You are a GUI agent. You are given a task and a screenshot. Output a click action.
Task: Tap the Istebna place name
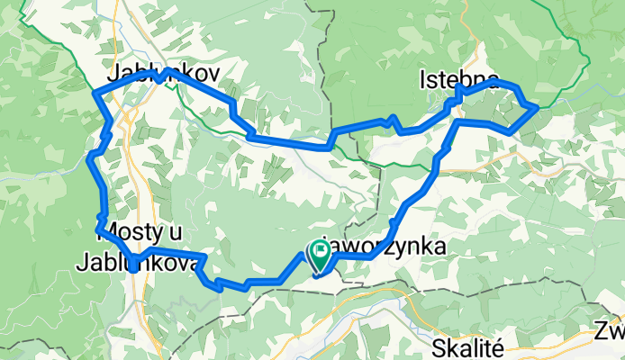pyautogui.click(x=458, y=83)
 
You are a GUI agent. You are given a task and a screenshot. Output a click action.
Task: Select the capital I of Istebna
pyautogui.click(x=422, y=83)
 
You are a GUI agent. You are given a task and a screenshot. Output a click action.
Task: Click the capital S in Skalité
pyautogui.click(x=439, y=347)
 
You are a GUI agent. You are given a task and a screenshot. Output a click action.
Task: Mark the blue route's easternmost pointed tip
pyautogui.click(x=538, y=106)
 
